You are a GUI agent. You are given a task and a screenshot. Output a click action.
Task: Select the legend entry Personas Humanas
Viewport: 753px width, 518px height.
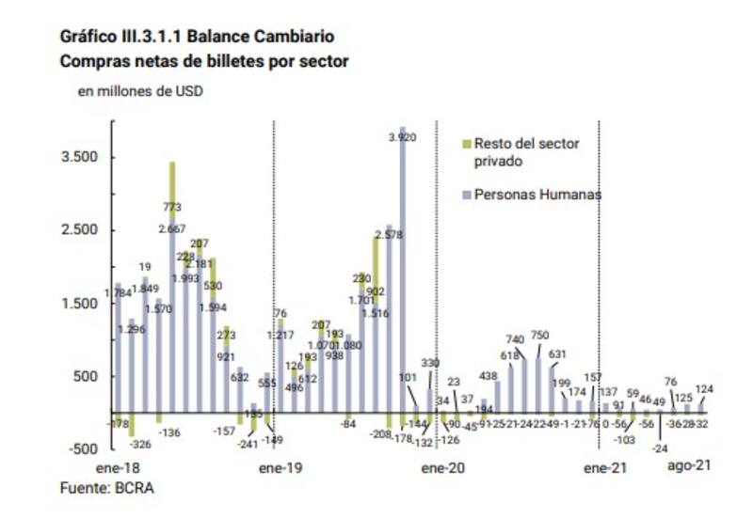point(537,195)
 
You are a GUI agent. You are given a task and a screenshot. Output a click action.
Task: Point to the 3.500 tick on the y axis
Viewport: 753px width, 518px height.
point(80,157)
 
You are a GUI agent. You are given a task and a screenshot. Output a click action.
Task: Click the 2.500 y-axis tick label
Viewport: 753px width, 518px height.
point(80,230)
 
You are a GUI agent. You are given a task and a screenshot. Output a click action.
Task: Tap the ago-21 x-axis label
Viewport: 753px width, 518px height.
point(688,466)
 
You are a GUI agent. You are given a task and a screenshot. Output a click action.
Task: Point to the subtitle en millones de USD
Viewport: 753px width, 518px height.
point(139,91)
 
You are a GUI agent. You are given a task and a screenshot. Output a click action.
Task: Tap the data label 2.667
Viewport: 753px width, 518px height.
point(172,228)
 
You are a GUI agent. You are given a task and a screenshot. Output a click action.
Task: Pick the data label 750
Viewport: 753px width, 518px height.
point(540,337)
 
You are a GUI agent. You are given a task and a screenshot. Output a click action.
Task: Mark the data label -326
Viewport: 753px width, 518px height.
point(139,443)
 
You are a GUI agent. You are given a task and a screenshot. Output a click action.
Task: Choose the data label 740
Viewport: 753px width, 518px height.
point(515,338)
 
